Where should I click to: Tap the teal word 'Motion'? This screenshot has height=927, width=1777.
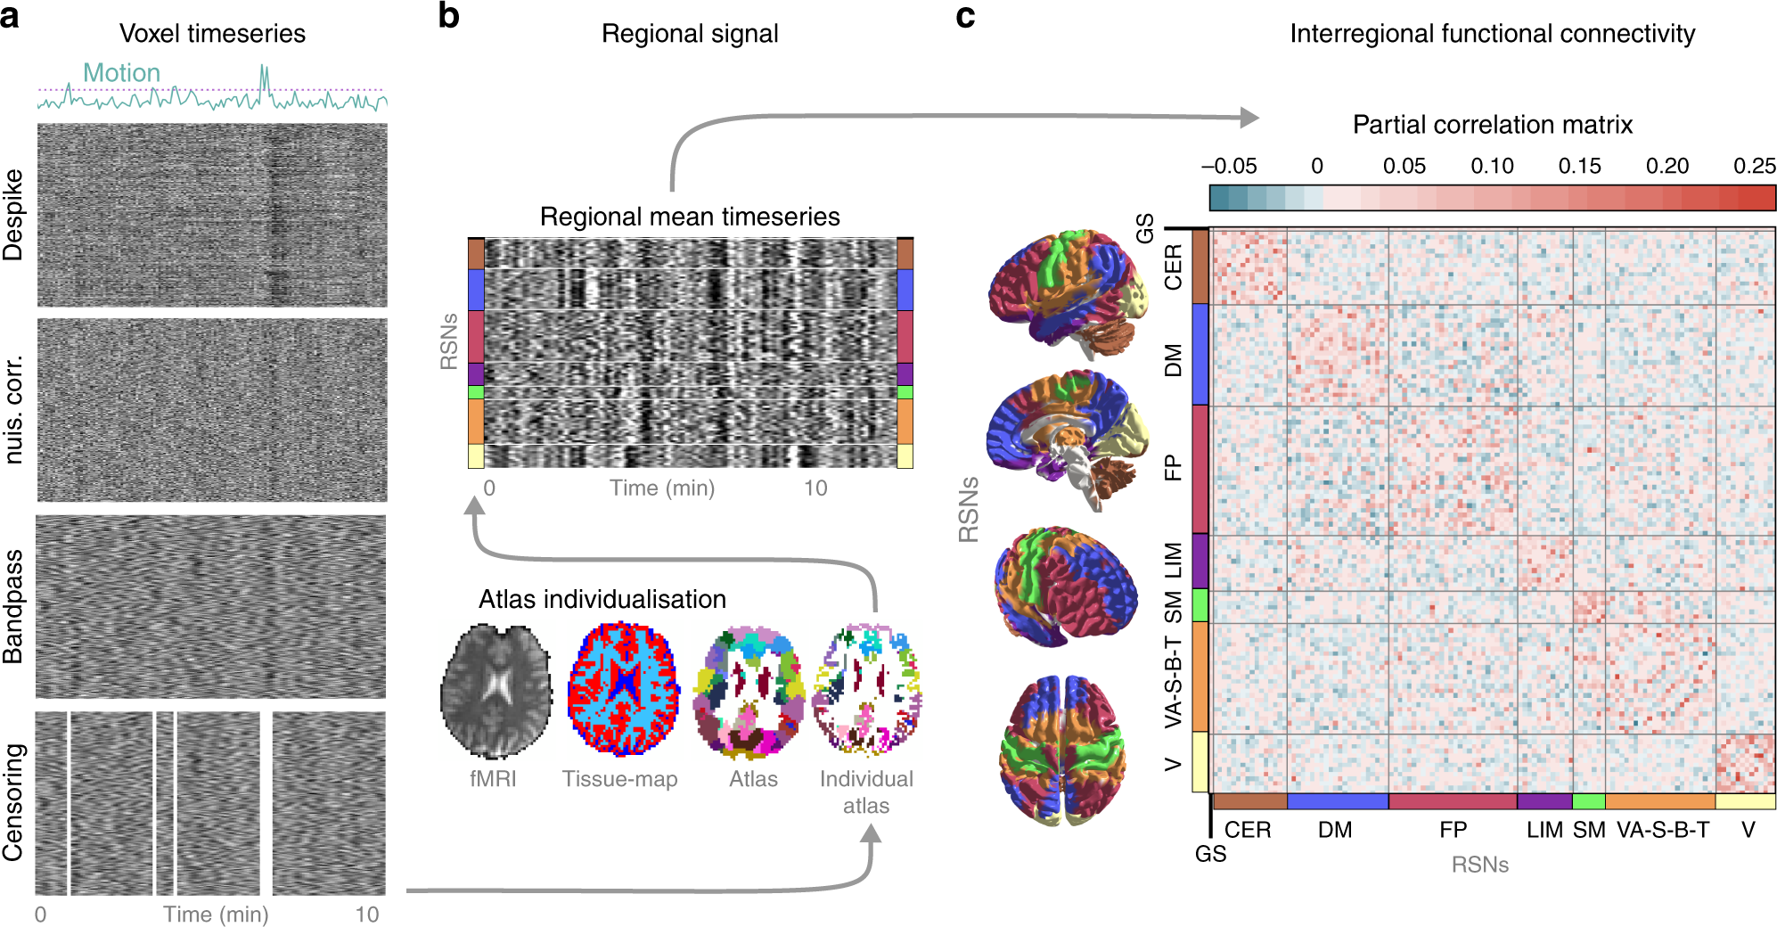121,73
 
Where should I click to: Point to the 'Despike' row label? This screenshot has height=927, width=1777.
13,215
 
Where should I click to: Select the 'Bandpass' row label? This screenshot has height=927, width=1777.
13,607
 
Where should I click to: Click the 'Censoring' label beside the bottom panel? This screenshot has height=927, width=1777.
13,803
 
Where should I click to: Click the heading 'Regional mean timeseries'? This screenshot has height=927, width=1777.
690,217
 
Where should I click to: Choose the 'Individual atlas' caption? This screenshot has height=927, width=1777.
866,792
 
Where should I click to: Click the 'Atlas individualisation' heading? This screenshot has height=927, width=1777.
602,599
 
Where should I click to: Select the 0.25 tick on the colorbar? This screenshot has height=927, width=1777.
1754,166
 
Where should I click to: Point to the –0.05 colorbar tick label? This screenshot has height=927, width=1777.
1229,166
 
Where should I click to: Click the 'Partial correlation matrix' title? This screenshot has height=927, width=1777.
1492,124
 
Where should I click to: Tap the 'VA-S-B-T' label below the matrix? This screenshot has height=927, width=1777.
1663,830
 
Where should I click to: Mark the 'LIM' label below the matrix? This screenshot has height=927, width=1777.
1544,830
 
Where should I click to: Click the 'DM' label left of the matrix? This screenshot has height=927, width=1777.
1173,360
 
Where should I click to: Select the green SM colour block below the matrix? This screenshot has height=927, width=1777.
1588,801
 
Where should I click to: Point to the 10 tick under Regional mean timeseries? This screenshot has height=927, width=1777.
815,488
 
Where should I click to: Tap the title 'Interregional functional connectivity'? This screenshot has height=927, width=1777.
1492,34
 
